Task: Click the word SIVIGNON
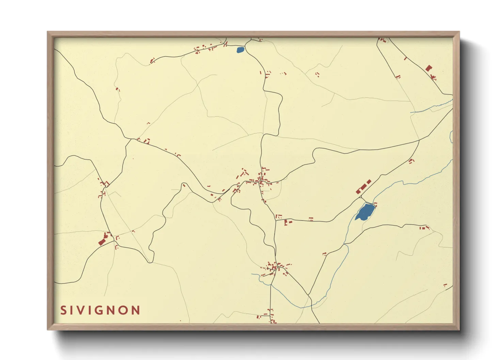(x=100, y=310)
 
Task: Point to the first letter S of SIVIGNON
(x=63, y=310)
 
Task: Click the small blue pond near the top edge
(x=240, y=50)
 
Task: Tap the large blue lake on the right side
(x=365, y=212)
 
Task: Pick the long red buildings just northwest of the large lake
(x=363, y=187)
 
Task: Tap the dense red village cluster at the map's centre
(x=261, y=179)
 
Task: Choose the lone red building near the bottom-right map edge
(x=445, y=285)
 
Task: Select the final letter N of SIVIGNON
(x=136, y=310)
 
